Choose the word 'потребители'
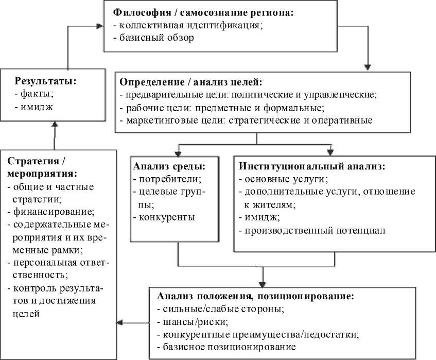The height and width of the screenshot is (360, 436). (169, 179)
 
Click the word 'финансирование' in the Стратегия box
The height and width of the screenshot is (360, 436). (54, 211)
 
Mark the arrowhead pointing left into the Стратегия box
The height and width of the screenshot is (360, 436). (119, 323)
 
